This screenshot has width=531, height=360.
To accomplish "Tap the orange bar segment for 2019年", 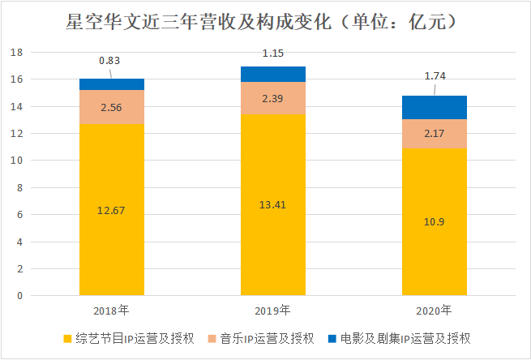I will [x=273, y=98].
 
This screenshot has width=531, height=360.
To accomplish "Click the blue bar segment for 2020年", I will [x=435, y=107].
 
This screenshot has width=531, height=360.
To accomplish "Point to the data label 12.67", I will [x=111, y=211].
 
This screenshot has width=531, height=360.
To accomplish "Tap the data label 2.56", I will [x=111, y=107].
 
